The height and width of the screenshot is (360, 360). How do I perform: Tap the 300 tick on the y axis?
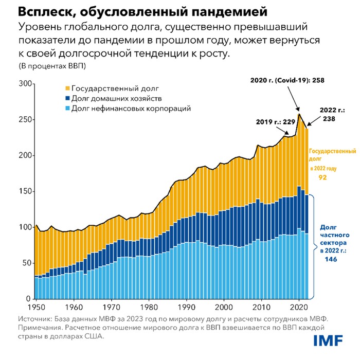(24, 84)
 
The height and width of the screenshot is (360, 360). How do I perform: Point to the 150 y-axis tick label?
(24, 191)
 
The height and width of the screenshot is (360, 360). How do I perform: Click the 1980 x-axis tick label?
(149, 307)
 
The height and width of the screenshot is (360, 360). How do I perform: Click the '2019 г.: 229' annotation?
(276, 122)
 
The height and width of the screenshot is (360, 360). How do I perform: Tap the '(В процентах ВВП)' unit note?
(52, 66)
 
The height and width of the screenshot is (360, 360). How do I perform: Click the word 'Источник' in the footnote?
(35, 319)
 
